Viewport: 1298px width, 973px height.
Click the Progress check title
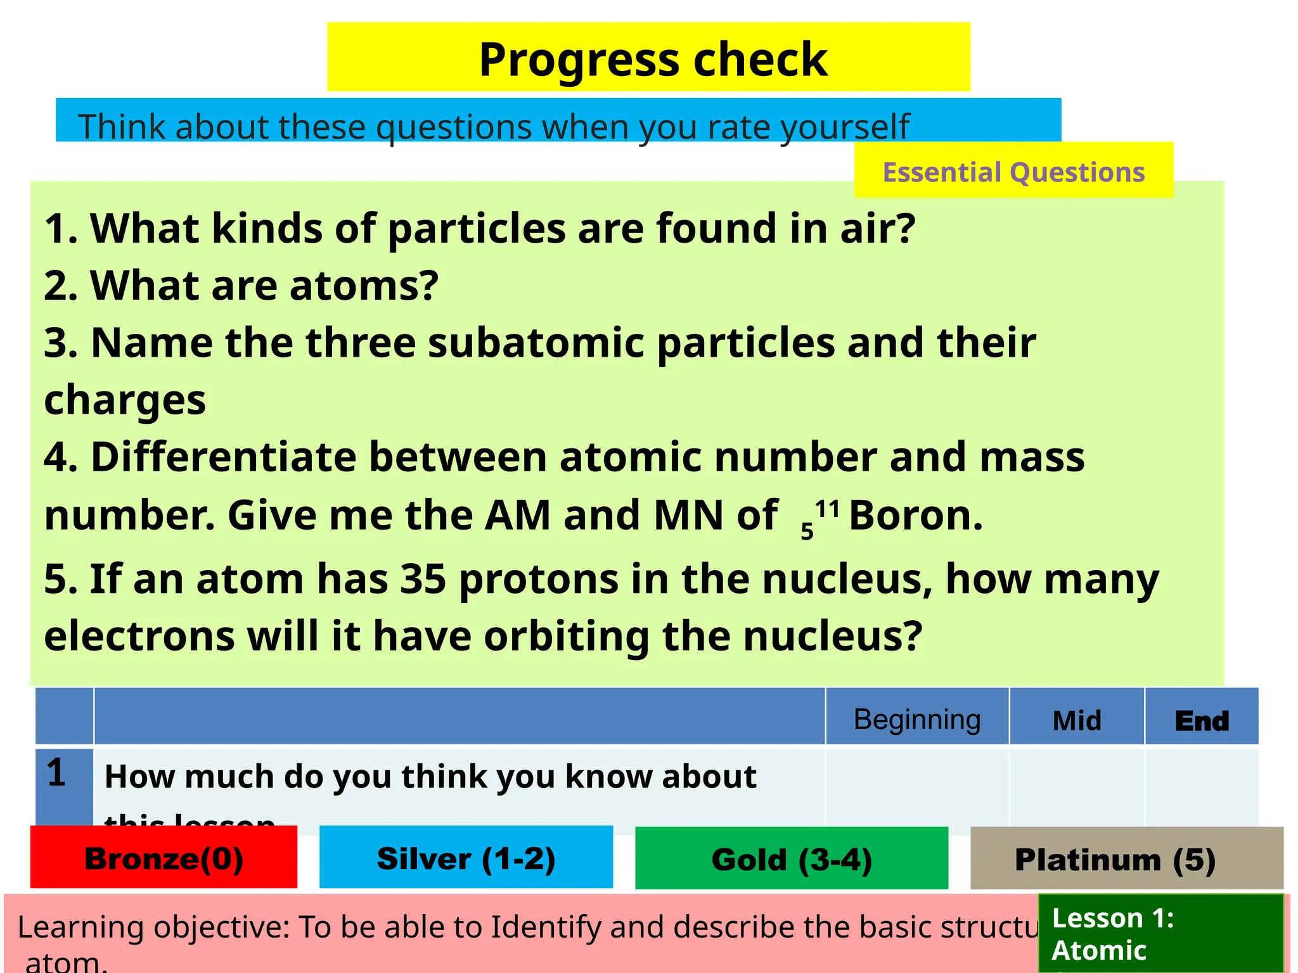pos(653,59)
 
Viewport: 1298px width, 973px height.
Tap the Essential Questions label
pos(1013,172)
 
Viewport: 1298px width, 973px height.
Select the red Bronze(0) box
pos(164,858)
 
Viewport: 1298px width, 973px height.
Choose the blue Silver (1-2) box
pos(466,858)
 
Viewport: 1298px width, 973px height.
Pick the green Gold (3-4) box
pos(792,859)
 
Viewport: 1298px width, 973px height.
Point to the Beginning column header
pos(916,719)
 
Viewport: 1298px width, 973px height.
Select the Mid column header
pos(1076,720)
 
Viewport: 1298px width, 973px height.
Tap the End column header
pos(1201,720)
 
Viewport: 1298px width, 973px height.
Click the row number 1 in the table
pos(56,773)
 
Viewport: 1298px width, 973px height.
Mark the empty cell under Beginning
pos(916,785)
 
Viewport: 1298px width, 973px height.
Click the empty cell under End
pos(1201,785)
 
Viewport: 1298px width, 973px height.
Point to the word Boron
pos(915,515)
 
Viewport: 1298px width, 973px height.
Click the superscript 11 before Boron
pos(827,508)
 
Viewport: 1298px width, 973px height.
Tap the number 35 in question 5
pos(423,579)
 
